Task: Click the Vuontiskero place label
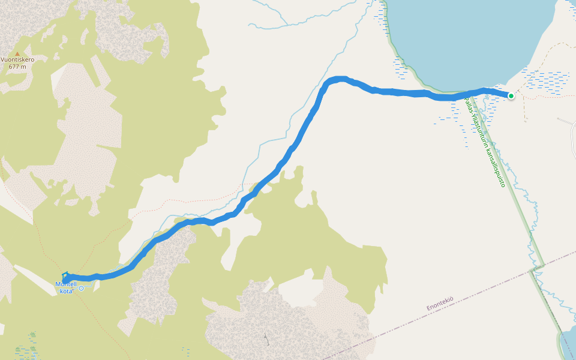[17, 60]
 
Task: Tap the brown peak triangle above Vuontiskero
[17, 53]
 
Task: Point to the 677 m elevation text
[17, 67]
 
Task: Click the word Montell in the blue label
[65, 284]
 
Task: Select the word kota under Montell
[66, 291]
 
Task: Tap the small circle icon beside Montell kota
[82, 288]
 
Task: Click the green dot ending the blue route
[511, 95]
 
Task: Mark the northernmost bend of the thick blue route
[340, 79]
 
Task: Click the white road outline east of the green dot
[567, 122]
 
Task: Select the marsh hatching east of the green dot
[546, 81]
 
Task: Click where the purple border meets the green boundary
[532, 271]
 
